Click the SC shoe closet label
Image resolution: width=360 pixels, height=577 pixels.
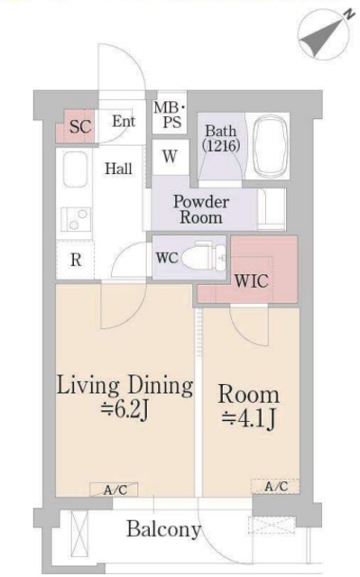point(80,126)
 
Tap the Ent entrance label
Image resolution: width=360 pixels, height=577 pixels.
point(124,121)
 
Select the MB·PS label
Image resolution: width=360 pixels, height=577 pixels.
point(170,114)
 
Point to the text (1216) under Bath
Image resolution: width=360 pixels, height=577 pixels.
point(221,146)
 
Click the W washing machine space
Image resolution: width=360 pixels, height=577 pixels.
point(170,156)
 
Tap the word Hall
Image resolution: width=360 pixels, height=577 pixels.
point(118,169)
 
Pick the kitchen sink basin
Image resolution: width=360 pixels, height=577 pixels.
point(75,169)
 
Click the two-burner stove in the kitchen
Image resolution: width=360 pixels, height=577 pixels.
point(76,219)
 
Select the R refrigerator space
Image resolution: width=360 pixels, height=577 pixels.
point(75,260)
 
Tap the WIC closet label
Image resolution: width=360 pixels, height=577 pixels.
point(252,281)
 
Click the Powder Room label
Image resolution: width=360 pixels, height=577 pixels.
point(201,209)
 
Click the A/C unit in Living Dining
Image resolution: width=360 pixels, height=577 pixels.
point(114,490)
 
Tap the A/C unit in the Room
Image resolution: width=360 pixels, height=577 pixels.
point(275,486)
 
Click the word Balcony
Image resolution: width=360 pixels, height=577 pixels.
point(164,529)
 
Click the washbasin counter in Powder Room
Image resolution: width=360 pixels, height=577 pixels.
point(272,209)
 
